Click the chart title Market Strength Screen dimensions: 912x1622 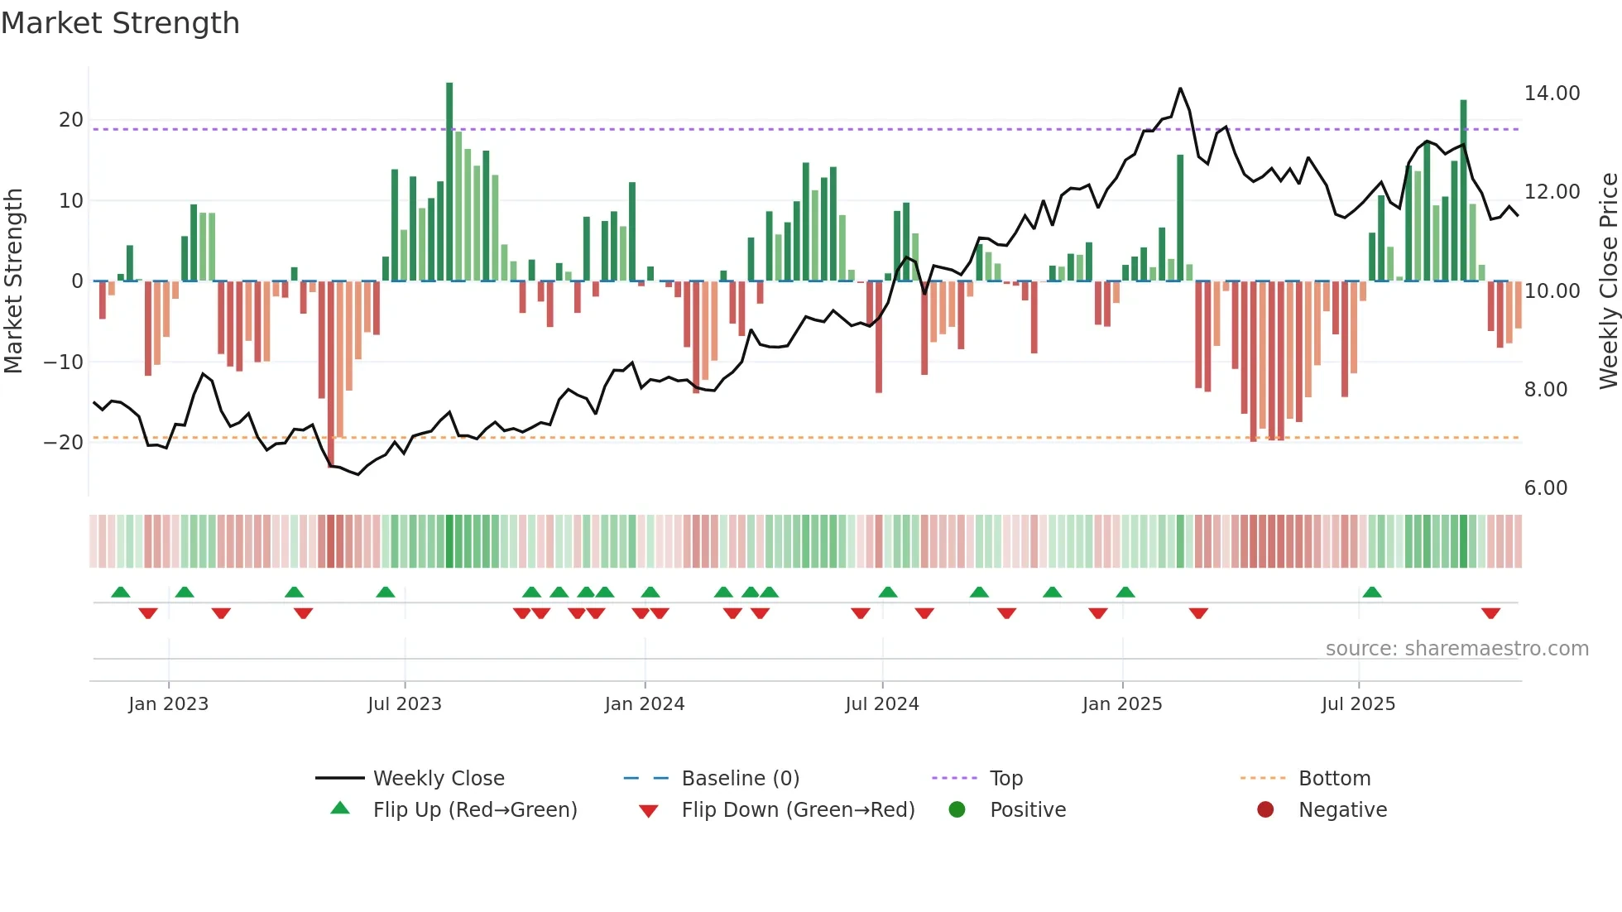point(120,23)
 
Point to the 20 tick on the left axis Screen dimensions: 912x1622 point(71,120)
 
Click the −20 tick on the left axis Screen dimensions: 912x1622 point(65,442)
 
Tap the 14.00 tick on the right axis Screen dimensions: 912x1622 point(1552,94)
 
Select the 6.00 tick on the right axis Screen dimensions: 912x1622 point(1545,488)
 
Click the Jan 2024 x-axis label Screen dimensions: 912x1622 point(645,704)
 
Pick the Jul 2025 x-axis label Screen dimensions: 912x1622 point(1358,704)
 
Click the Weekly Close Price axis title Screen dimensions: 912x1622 point(1608,281)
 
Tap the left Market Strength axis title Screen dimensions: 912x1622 point(14,281)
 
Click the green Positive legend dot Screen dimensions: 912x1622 point(957,810)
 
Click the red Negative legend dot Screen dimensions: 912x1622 point(1265,810)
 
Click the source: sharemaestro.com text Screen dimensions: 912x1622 point(1456,649)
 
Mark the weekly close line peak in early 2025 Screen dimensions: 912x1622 point(1180,89)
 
